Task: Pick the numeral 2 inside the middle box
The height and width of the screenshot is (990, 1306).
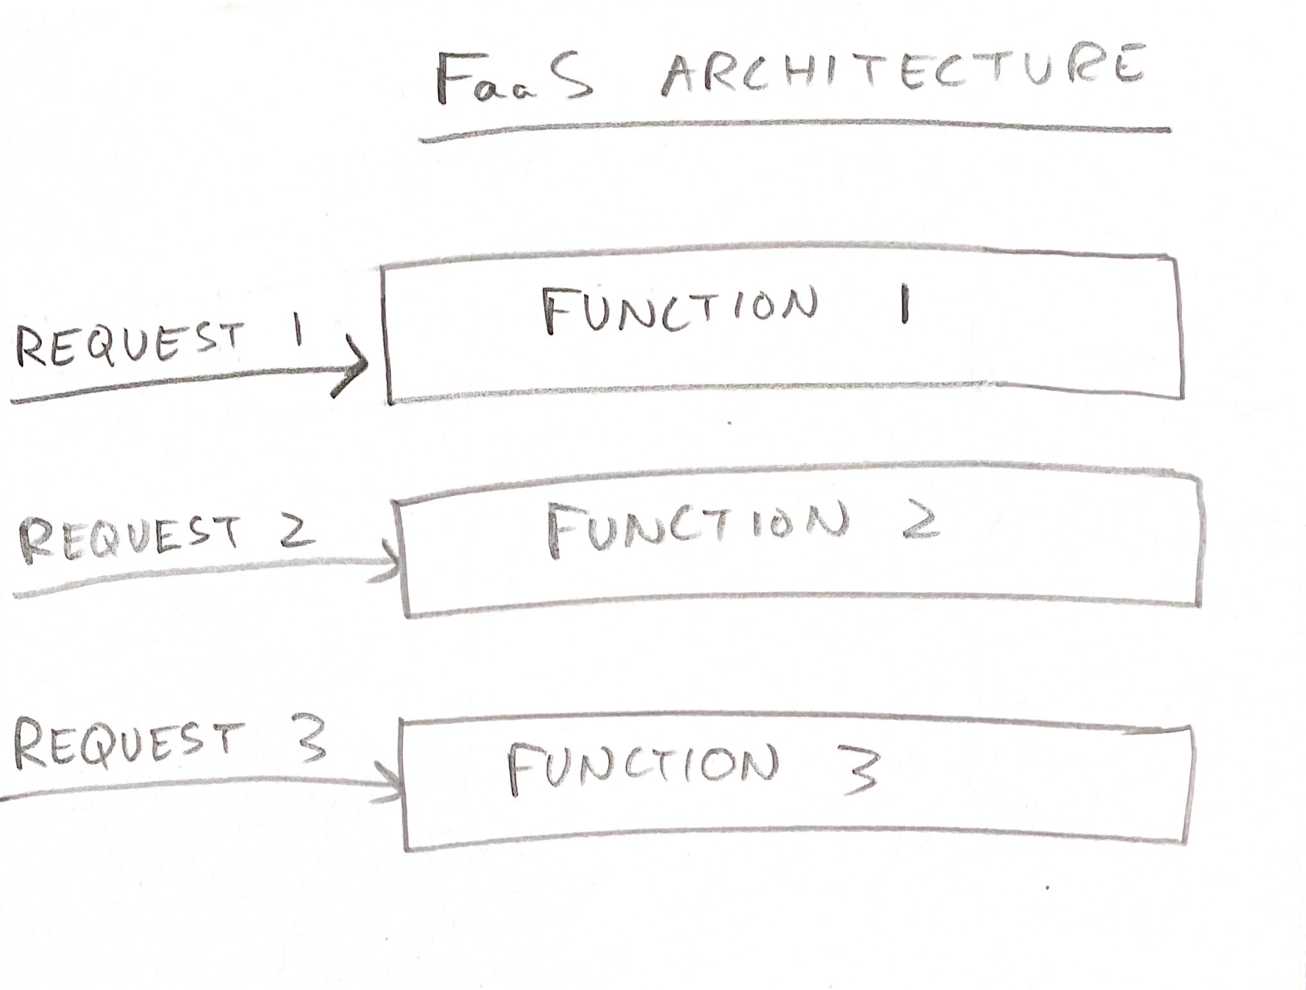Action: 920,521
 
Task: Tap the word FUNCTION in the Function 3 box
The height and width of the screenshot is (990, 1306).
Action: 643,768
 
